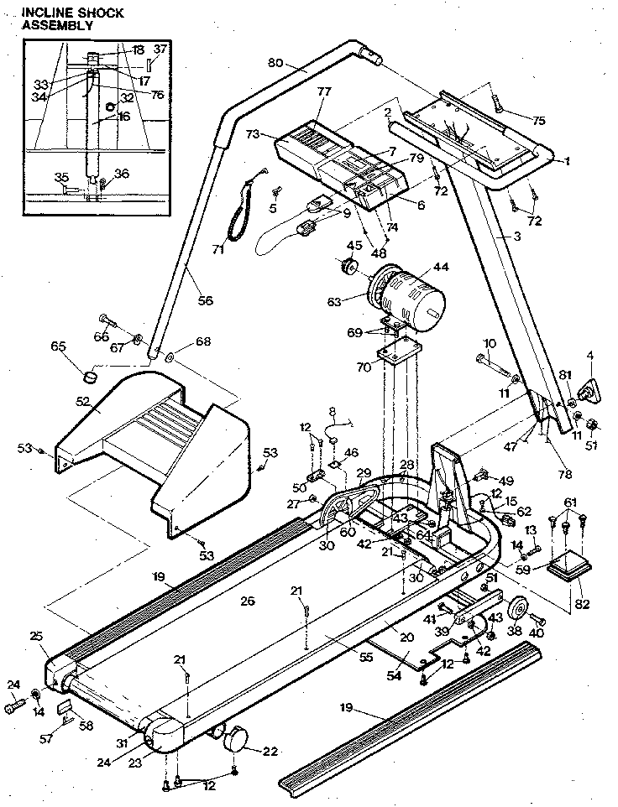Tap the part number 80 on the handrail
tap(275, 63)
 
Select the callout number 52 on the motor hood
tap(82, 402)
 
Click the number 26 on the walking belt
tap(246, 600)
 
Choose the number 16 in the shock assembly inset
tap(123, 117)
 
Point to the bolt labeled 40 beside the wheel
tap(538, 622)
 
